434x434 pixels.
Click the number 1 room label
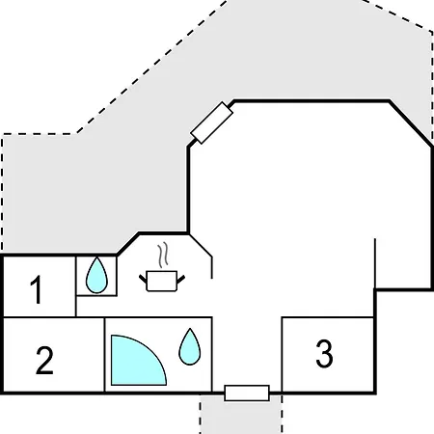coord(37,289)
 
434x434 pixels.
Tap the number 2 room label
coord(44,360)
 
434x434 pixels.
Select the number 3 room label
coord(324,353)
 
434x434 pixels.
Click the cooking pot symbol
coord(162,281)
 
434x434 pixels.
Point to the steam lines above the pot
coord(163,255)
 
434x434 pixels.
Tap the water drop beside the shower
coord(190,347)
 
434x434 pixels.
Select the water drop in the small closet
coord(96,276)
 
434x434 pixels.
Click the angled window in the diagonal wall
coord(211,122)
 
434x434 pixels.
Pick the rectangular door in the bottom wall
coord(247,393)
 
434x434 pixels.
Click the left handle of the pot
coord(143,279)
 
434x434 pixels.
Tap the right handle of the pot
coord(180,279)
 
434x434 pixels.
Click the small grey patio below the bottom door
coord(241,417)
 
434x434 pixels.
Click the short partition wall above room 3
coord(375,263)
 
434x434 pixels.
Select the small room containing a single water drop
coord(96,276)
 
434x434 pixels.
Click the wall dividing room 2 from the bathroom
coord(104,355)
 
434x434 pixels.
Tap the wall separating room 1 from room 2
coord(40,317)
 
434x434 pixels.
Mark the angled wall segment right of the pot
coord(201,246)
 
